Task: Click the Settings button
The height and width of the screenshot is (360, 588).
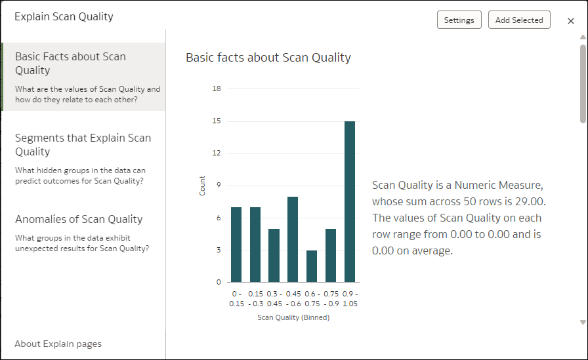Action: [459, 20]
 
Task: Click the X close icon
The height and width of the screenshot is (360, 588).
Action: [571, 21]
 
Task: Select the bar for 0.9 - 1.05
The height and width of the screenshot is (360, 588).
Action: [350, 201]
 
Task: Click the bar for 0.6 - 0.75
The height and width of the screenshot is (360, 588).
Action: [312, 266]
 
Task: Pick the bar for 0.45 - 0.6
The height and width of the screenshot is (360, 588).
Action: [293, 239]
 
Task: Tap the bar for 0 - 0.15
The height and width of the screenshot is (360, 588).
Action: [236, 244]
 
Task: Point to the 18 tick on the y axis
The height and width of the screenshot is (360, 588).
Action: [217, 89]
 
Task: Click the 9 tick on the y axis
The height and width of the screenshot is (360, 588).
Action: [219, 186]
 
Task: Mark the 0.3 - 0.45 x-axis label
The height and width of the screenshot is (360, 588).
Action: [274, 298]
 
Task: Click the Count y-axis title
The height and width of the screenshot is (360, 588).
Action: [202, 186]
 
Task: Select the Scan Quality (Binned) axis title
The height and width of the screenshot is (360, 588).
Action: [293, 318]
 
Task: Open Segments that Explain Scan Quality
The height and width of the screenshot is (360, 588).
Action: [83, 144]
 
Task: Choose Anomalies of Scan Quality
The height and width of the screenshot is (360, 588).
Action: [79, 219]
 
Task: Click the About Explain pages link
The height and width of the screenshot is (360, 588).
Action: [58, 344]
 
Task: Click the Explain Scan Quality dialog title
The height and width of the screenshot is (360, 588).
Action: [64, 17]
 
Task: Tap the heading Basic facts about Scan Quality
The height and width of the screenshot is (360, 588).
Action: [268, 58]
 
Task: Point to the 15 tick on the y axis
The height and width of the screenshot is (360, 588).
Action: [217, 121]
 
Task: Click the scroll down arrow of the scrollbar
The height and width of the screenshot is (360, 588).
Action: [582, 322]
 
